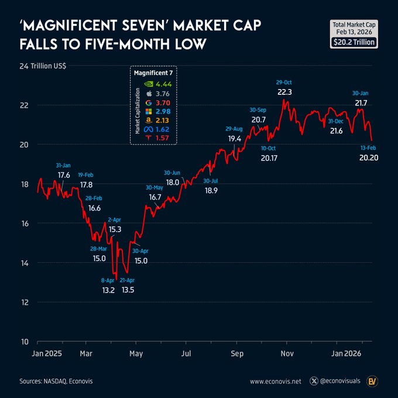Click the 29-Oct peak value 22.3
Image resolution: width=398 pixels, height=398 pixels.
pos(285,92)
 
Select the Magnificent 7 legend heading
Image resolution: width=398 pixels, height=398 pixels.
pos(153,74)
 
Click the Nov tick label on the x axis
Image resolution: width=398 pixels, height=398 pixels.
pos(287,353)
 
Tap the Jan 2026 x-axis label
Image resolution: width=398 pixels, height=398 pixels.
pos(346,353)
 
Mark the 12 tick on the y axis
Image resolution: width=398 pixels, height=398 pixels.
pos(25,302)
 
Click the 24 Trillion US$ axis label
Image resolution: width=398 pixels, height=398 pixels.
pos(43,66)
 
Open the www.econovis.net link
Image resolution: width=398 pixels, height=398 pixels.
pos(275,381)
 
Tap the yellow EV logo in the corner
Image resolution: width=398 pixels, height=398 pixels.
pos(372,380)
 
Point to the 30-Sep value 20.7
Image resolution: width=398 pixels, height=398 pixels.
pos(258,119)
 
